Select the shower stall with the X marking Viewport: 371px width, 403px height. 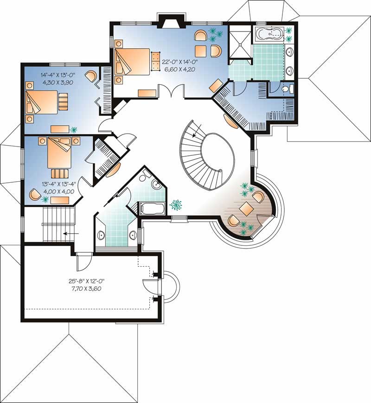[x=240, y=40]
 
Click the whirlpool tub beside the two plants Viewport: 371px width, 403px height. [x=269, y=34]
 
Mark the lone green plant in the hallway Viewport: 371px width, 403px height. [x=176, y=204]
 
